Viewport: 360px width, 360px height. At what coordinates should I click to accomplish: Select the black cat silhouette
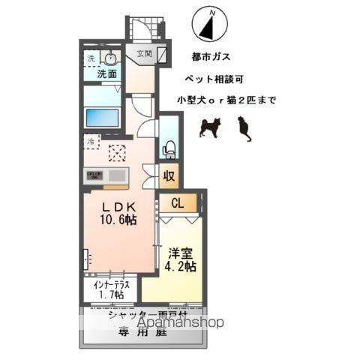pyautogui.click(x=244, y=130)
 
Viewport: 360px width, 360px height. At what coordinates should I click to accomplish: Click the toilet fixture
pyautogui.click(x=169, y=148)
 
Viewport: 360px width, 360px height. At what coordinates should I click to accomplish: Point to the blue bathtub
pyautogui.click(x=102, y=118)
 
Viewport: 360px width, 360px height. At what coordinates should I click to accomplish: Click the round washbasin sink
pyautogui.click(x=110, y=59)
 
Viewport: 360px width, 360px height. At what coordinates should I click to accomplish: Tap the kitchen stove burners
pyautogui.click(x=95, y=175)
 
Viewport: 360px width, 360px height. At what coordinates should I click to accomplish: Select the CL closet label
pyautogui.click(x=177, y=202)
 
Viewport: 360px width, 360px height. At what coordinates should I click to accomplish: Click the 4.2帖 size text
pyautogui.click(x=181, y=266)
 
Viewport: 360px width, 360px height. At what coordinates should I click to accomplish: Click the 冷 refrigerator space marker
pyautogui.click(x=90, y=140)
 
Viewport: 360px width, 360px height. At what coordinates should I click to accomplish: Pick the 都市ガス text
pyautogui.click(x=211, y=57)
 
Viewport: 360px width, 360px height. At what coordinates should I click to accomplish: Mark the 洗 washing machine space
pyautogui.click(x=90, y=58)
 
